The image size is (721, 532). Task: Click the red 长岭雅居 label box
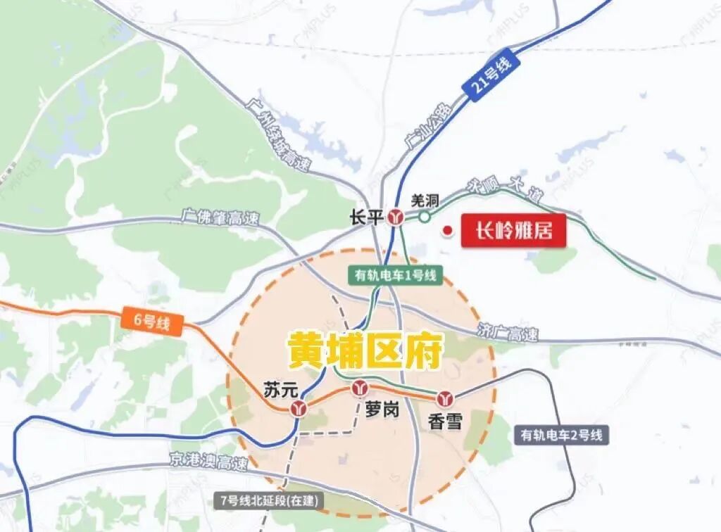pos(513,231)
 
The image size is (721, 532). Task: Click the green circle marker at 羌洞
pos(425,217)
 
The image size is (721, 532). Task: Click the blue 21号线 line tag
pos(491,77)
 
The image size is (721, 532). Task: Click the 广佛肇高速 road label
pos(219,216)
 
